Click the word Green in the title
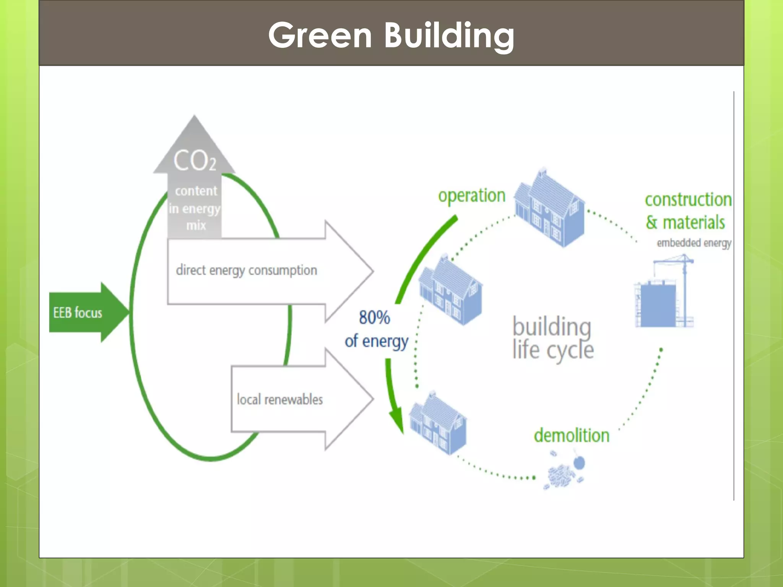point(320,35)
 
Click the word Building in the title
point(449,35)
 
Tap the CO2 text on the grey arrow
point(195,161)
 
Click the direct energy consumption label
point(246,270)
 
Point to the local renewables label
point(279,399)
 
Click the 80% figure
point(374,317)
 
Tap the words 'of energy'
point(377,341)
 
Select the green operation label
point(471,196)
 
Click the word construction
point(688,199)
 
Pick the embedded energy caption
point(694,243)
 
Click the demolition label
point(572,435)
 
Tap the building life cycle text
point(552,338)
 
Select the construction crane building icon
point(664,296)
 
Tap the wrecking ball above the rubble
point(580,463)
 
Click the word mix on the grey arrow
point(196,225)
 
